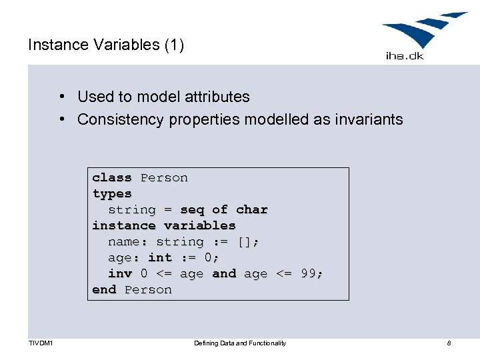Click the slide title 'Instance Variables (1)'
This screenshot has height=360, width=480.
click(x=106, y=45)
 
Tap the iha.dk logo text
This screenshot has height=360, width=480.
click(x=405, y=55)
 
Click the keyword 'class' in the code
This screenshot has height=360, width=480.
click(x=112, y=178)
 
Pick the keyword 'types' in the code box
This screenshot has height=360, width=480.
click(x=112, y=194)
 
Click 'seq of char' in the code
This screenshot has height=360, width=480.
click(x=224, y=210)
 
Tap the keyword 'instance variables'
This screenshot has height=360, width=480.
click(x=164, y=226)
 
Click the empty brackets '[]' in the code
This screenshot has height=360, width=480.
click(x=244, y=242)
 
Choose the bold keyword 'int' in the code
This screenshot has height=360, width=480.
click(x=160, y=258)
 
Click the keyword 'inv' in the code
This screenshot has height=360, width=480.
click(x=120, y=274)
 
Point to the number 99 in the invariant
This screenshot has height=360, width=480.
click(x=308, y=274)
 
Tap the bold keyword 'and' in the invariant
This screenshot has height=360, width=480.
click(x=224, y=274)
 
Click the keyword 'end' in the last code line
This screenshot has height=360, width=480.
click(x=104, y=290)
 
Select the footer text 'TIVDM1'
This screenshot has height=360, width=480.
click(x=41, y=343)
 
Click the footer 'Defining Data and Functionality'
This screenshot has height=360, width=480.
click(x=240, y=343)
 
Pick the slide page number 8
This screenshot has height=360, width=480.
click(x=449, y=343)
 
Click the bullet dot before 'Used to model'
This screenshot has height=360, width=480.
click(x=61, y=97)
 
